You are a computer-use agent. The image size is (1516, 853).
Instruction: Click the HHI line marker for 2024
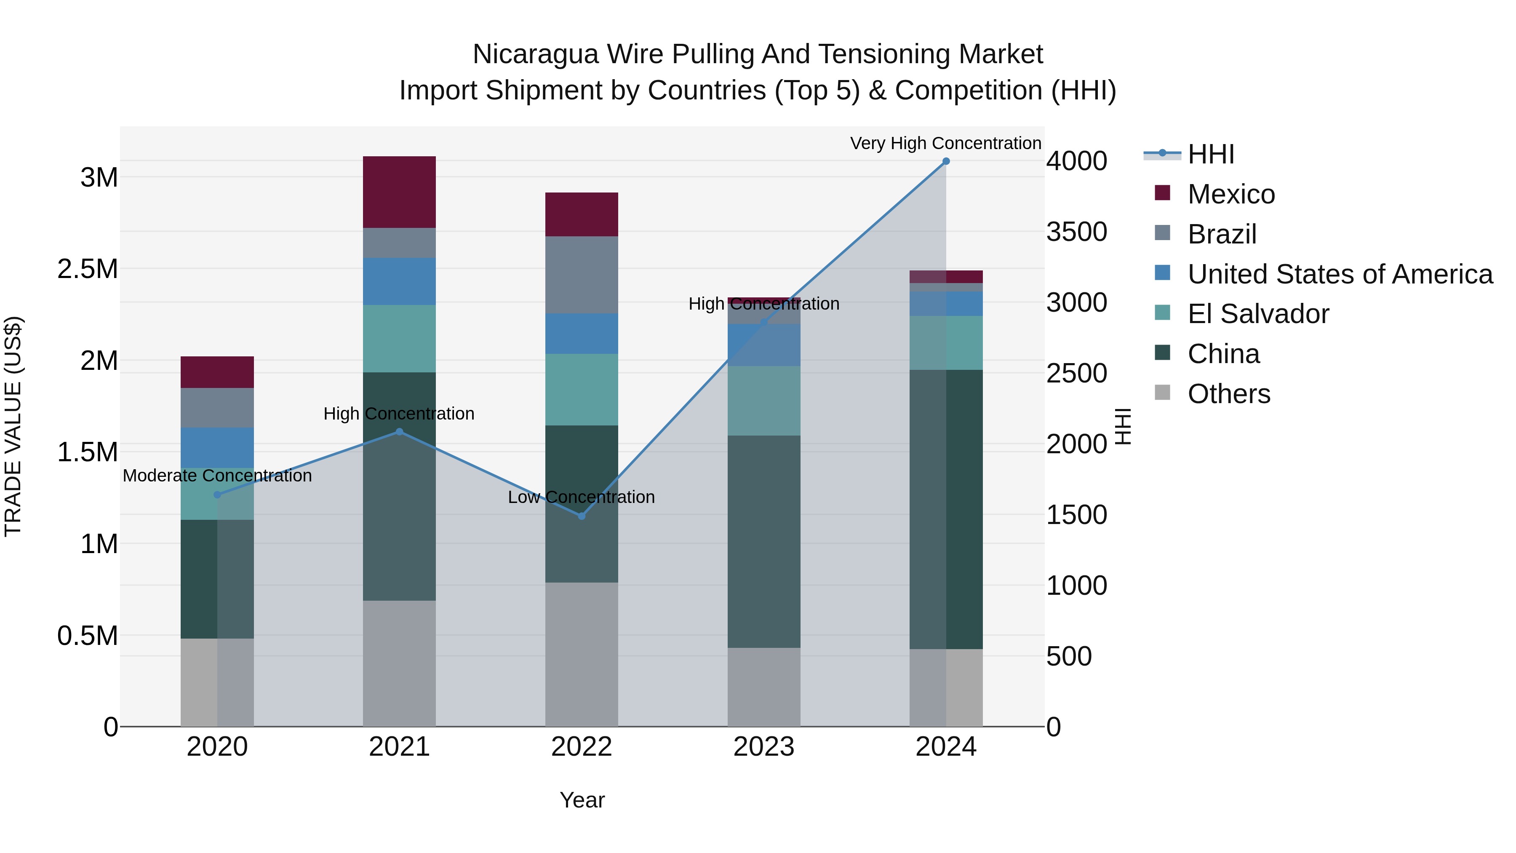click(x=946, y=161)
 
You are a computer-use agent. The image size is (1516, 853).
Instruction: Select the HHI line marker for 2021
click(x=399, y=431)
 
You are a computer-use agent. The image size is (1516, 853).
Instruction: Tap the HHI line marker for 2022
click(x=582, y=516)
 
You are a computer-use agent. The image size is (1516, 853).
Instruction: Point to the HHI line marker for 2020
click(x=217, y=495)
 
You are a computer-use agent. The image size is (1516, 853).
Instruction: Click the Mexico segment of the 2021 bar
click(x=399, y=192)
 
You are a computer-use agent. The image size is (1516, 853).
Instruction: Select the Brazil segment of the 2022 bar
click(x=582, y=275)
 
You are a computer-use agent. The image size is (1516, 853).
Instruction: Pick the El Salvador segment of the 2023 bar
click(x=764, y=401)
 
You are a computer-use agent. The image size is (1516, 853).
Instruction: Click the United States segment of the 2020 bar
click(x=217, y=447)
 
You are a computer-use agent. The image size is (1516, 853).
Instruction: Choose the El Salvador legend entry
click(x=1257, y=314)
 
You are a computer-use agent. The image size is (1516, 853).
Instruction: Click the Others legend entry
click(x=1228, y=394)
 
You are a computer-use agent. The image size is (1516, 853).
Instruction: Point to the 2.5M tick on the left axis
click(x=88, y=269)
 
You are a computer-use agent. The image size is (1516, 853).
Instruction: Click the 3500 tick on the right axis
click(x=1076, y=232)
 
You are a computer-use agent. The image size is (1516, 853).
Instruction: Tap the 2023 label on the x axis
click(x=764, y=747)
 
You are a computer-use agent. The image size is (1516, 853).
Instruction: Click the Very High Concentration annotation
click(x=946, y=143)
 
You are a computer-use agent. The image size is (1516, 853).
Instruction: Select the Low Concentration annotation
click(x=582, y=497)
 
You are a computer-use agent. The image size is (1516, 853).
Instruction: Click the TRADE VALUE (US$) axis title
click(x=13, y=426)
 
